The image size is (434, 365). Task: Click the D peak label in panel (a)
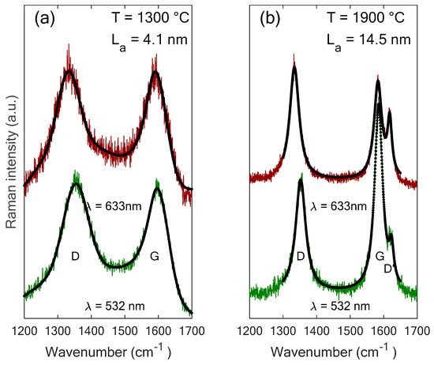(x=75, y=255)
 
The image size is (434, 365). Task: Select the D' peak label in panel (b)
(x=390, y=269)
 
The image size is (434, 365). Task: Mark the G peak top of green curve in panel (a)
(x=157, y=188)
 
